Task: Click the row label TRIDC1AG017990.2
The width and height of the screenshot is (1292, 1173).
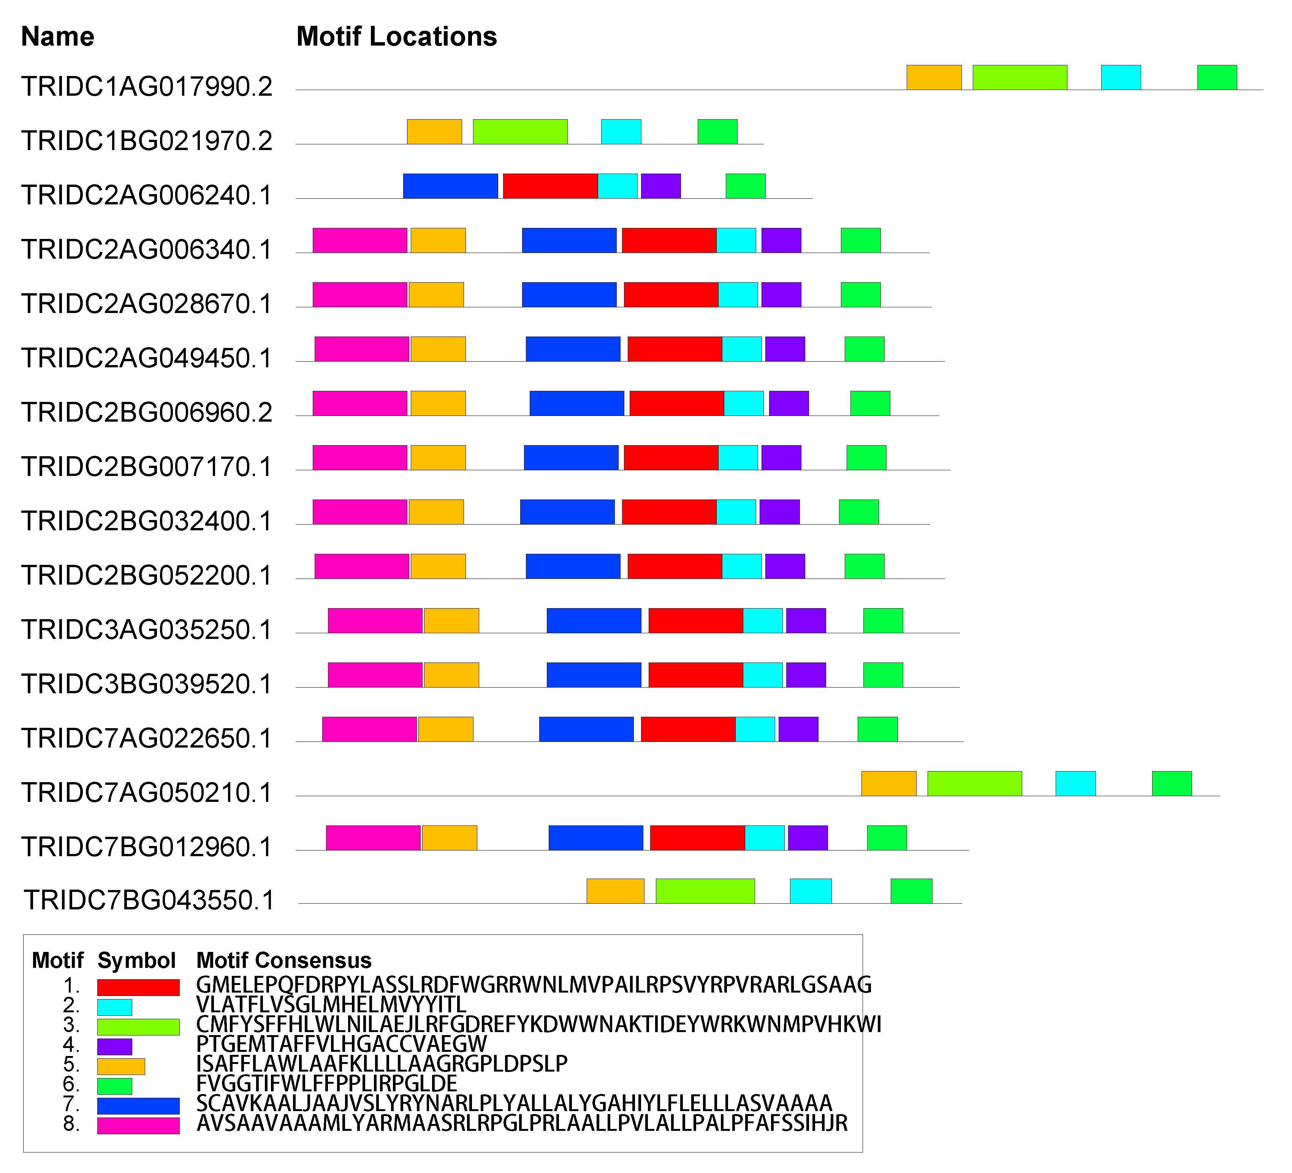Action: click(x=147, y=87)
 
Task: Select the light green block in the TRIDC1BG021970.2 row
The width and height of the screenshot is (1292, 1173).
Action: click(x=520, y=131)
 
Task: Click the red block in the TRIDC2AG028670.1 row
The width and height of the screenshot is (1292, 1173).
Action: click(x=671, y=295)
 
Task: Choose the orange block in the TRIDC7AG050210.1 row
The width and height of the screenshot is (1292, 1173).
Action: click(x=889, y=784)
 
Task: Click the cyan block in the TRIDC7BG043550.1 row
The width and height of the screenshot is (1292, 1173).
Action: click(x=811, y=891)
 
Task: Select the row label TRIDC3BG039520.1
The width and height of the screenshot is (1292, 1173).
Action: click(x=147, y=684)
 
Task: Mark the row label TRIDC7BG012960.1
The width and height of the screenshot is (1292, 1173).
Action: click(x=147, y=847)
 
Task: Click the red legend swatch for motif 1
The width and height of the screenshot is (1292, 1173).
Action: click(x=138, y=987)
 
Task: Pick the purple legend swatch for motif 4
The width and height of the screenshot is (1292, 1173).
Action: click(x=115, y=1047)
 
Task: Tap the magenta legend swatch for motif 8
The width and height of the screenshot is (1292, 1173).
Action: click(x=138, y=1126)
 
